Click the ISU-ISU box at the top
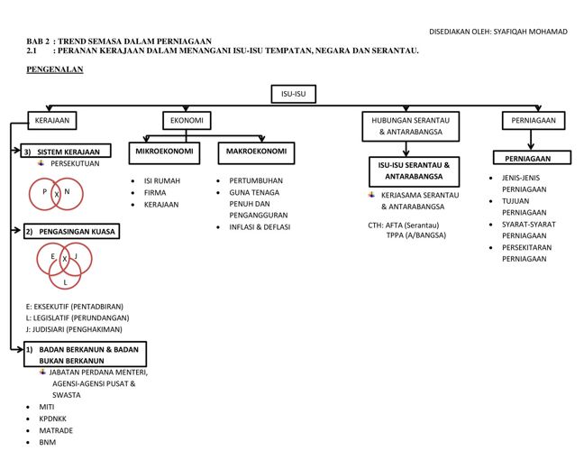point(293,93)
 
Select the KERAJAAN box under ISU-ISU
point(51,120)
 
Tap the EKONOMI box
point(186,120)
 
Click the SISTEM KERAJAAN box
point(67,152)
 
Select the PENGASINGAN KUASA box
point(71,232)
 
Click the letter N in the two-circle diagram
point(68,191)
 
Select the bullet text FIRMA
point(155,192)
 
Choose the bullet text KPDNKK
point(52,419)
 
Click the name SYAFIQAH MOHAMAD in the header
point(531,31)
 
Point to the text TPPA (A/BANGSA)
point(415,235)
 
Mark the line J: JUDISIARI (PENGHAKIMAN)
point(75,329)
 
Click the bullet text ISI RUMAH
point(161,180)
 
